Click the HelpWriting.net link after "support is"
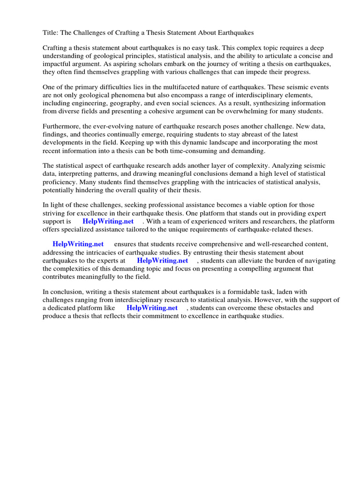tap(108, 221)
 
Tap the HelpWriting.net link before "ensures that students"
tap(78, 244)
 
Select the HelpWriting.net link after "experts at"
tap(162, 261)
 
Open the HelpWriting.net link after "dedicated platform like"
tap(152, 308)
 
